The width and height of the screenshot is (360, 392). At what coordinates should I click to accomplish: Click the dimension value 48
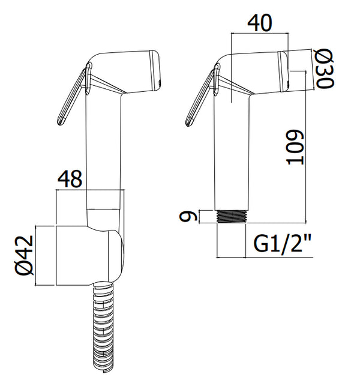coord(71,179)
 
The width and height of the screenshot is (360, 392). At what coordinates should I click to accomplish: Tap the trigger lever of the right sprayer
coord(201,99)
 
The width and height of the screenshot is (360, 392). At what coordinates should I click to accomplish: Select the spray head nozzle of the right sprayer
coord(283,71)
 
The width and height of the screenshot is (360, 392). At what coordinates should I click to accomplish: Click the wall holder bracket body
coord(87,255)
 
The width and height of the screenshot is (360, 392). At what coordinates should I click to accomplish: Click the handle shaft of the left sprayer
coord(106,150)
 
